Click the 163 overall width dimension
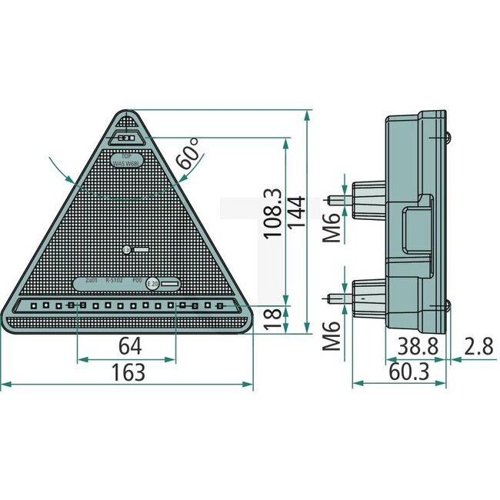[x=128, y=372]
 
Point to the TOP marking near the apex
[x=125, y=155]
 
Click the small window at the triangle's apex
[x=126, y=138]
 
